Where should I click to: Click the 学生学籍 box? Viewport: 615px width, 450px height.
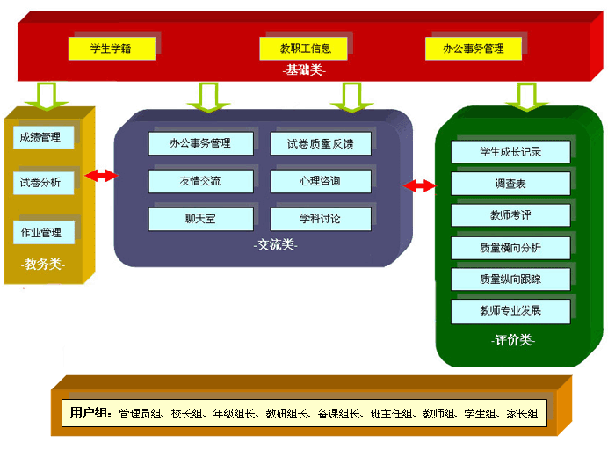tap(112, 48)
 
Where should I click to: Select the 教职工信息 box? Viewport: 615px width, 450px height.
tap(306, 48)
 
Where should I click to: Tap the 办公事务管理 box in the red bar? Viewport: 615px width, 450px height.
tap(474, 48)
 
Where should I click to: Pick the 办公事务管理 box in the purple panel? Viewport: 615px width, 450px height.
tap(201, 143)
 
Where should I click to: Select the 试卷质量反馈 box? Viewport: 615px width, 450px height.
tap(320, 143)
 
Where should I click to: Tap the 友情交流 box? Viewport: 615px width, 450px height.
tap(201, 182)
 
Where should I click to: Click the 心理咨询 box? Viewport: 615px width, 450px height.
tap(320, 182)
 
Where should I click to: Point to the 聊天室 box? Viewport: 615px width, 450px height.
tap(201, 219)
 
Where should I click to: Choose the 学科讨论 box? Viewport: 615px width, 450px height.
tap(320, 219)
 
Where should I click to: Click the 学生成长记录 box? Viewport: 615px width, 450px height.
tap(510, 152)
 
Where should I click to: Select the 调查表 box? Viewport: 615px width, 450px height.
tap(510, 185)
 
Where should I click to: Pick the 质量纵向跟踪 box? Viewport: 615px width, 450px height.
tap(510, 279)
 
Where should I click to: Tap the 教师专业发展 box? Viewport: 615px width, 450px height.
tap(510, 311)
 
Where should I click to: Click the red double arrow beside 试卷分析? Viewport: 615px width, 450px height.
tap(101, 177)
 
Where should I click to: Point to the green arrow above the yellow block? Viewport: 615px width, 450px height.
tap(40, 94)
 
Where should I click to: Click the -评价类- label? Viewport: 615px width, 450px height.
tap(511, 340)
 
